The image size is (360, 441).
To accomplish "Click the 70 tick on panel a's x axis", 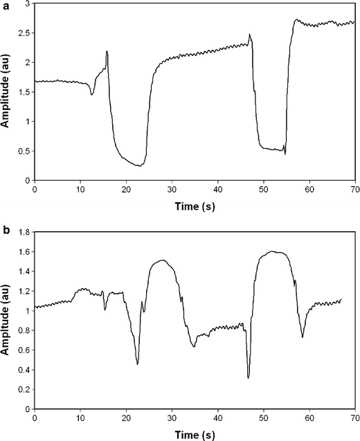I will [354, 190].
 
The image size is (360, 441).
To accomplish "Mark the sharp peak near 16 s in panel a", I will [107, 51].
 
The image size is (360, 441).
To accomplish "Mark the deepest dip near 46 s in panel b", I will [248, 378].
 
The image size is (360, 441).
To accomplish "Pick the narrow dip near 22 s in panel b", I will [137, 363].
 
